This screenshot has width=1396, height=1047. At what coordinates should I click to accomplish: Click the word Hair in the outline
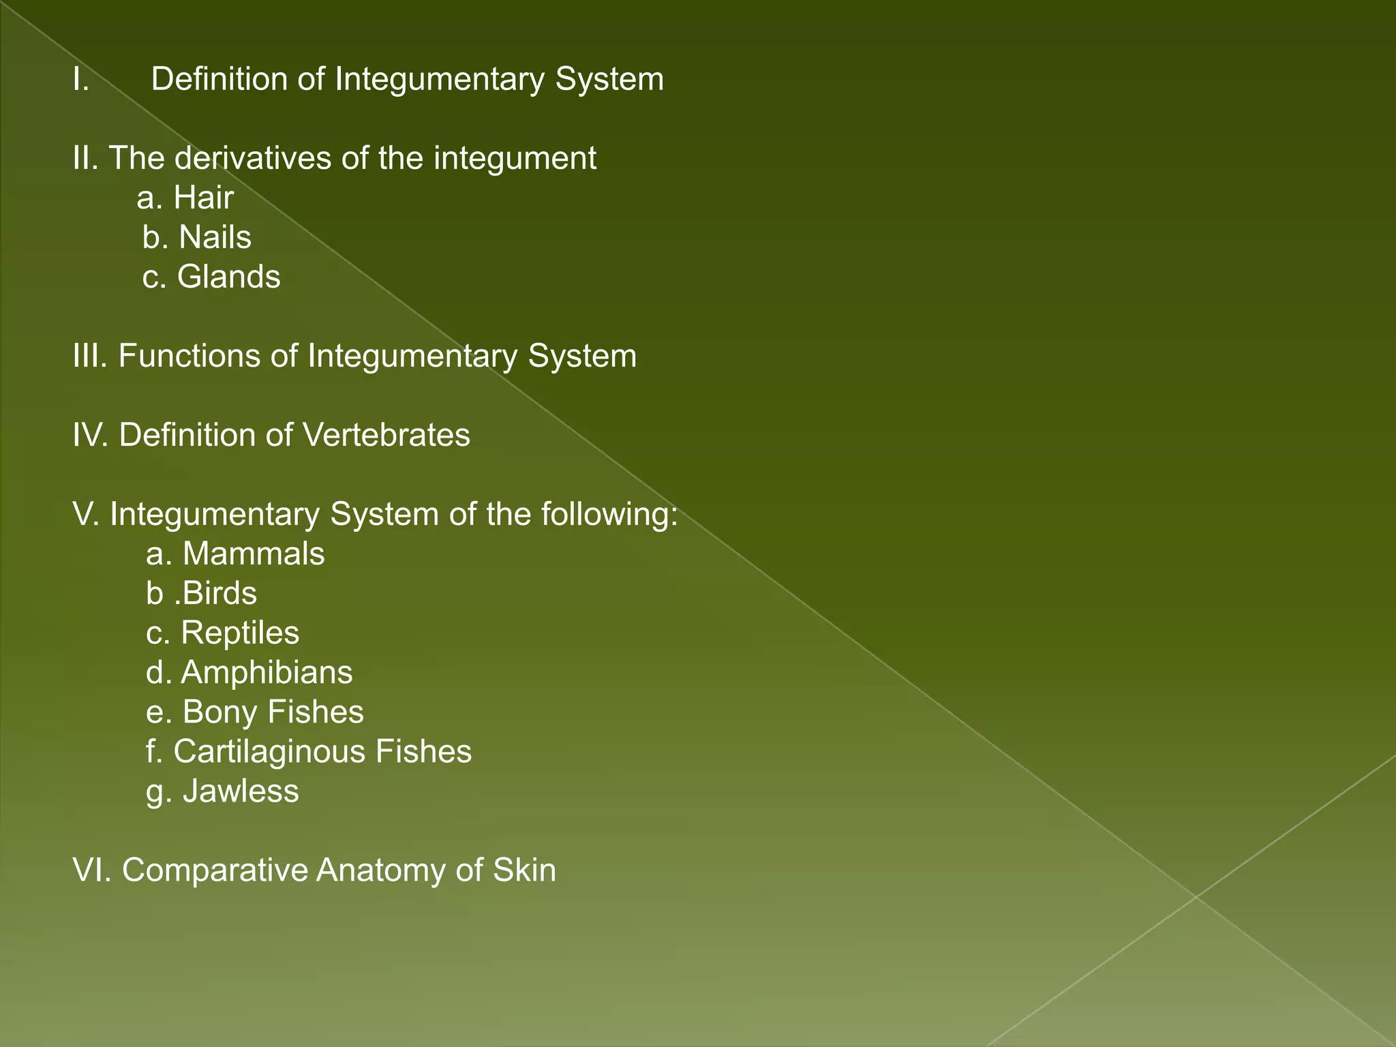point(203,198)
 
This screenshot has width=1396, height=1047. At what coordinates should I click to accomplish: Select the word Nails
point(215,238)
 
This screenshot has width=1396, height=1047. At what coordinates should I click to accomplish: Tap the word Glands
point(228,277)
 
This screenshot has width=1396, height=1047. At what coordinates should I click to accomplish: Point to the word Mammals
point(254,554)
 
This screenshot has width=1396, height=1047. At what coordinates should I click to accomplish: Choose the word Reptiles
point(240,633)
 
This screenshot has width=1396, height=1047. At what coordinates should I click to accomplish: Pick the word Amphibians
point(267,673)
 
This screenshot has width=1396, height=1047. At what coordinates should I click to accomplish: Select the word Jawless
point(241,791)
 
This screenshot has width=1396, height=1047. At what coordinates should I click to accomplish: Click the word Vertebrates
point(386,436)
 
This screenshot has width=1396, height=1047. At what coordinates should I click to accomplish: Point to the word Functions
point(189,356)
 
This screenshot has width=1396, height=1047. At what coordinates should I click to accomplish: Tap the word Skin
point(524,870)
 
